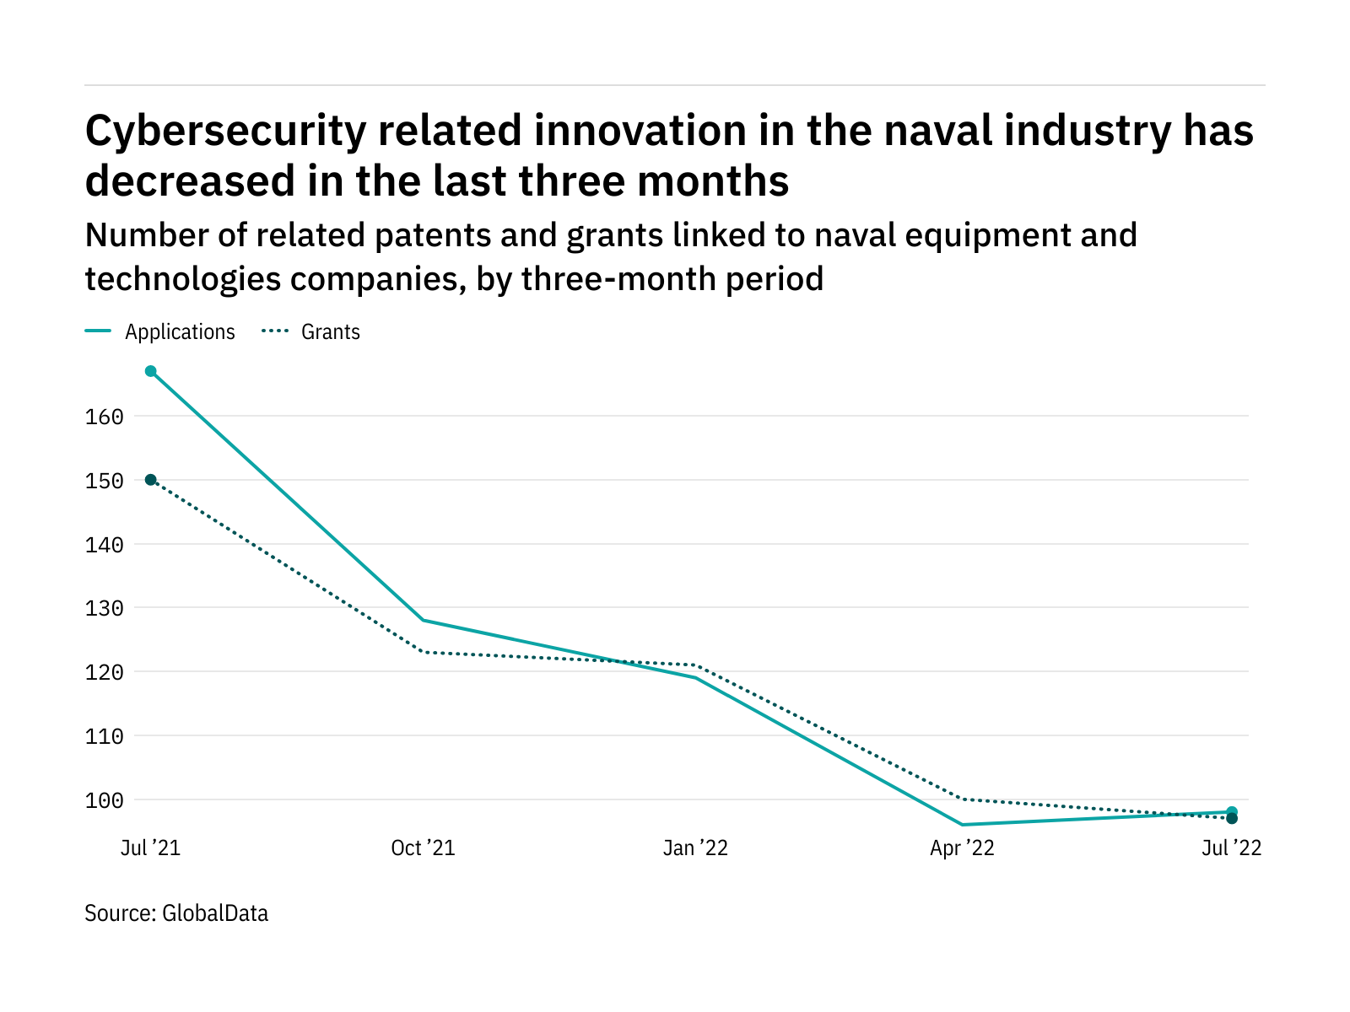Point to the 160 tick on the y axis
coord(105,417)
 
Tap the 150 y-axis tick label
coord(105,481)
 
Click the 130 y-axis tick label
coord(105,608)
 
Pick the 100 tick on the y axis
coord(105,799)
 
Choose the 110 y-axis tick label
coord(105,736)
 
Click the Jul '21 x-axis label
coord(150,848)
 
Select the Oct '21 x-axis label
coord(423,848)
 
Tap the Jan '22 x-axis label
coord(695,848)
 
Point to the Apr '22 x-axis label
coord(962,848)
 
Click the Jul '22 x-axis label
coord(1231,848)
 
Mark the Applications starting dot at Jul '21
coord(151,371)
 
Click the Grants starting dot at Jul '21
coord(151,480)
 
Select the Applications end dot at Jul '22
coord(1232,811)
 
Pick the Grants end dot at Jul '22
coord(1232,819)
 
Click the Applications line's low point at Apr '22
coord(962,825)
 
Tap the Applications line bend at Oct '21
coord(423,620)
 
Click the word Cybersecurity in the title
coord(225,132)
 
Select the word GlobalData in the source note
coord(215,913)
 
